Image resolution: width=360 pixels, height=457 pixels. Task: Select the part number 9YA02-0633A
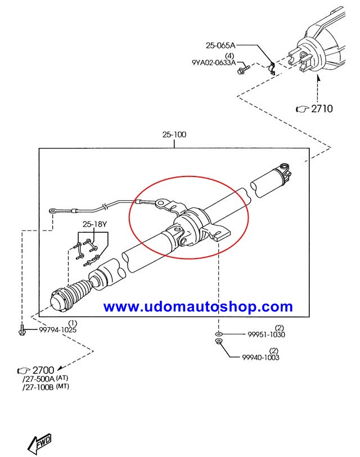(213, 64)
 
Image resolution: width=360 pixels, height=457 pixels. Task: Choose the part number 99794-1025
(57, 329)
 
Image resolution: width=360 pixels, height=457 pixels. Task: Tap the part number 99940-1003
(260, 358)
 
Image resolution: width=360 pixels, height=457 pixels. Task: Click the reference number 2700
(43, 370)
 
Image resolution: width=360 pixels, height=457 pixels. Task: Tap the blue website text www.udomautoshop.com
(198, 307)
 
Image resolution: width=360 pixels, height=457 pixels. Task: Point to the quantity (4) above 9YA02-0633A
(229, 56)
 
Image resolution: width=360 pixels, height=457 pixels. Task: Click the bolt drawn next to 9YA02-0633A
(244, 71)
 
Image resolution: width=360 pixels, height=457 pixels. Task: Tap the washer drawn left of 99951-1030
(218, 334)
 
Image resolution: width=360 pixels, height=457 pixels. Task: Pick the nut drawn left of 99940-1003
(218, 342)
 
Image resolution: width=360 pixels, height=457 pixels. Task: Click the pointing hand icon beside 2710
(302, 109)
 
